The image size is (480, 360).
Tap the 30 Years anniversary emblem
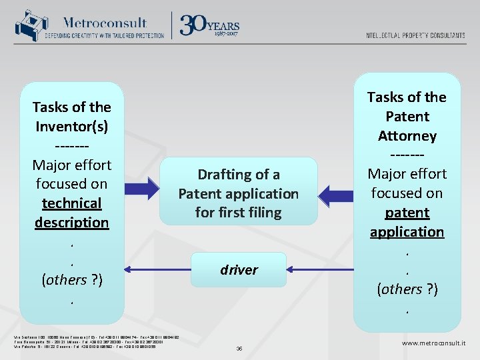pyautogui.click(x=209, y=25)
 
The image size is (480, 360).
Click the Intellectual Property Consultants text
pyautogui.click(x=415, y=35)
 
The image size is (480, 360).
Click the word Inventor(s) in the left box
pyautogui.click(x=71, y=126)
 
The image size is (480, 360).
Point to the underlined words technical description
pyautogui.click(x=71, y=213)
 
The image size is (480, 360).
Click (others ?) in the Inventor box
pyautogui.click(x=71, y=279)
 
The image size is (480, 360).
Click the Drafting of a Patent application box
pyautogui.click(x=238, y=193)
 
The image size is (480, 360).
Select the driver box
pyautogui.click(x=239, y=270)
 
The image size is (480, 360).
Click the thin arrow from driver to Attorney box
pyautogui.click(x=320, y=270)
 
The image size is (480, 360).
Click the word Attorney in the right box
pyautogui.click(x=407, y=135)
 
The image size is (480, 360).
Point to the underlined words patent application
pyautogui.click(x=407, y=222)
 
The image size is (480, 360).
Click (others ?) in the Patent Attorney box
pyautogui.click(x=407, y=289)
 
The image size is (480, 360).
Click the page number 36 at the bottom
pyautogui.click(x=239, y=349)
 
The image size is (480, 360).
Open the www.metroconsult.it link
pyautogui.click(x=433, y=343)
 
